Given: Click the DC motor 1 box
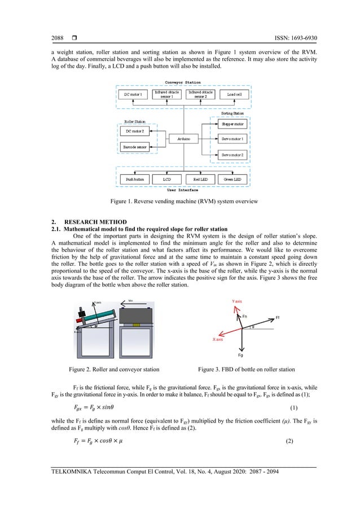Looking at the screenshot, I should coord(133,94).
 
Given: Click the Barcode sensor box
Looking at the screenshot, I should coord(135,146).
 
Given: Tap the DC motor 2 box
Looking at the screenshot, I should coord(135,130).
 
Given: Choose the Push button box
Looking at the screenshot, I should coord(134,179).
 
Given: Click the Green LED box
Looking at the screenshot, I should coord(231,179).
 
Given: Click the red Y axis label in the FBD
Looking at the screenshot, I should coord(237,302).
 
